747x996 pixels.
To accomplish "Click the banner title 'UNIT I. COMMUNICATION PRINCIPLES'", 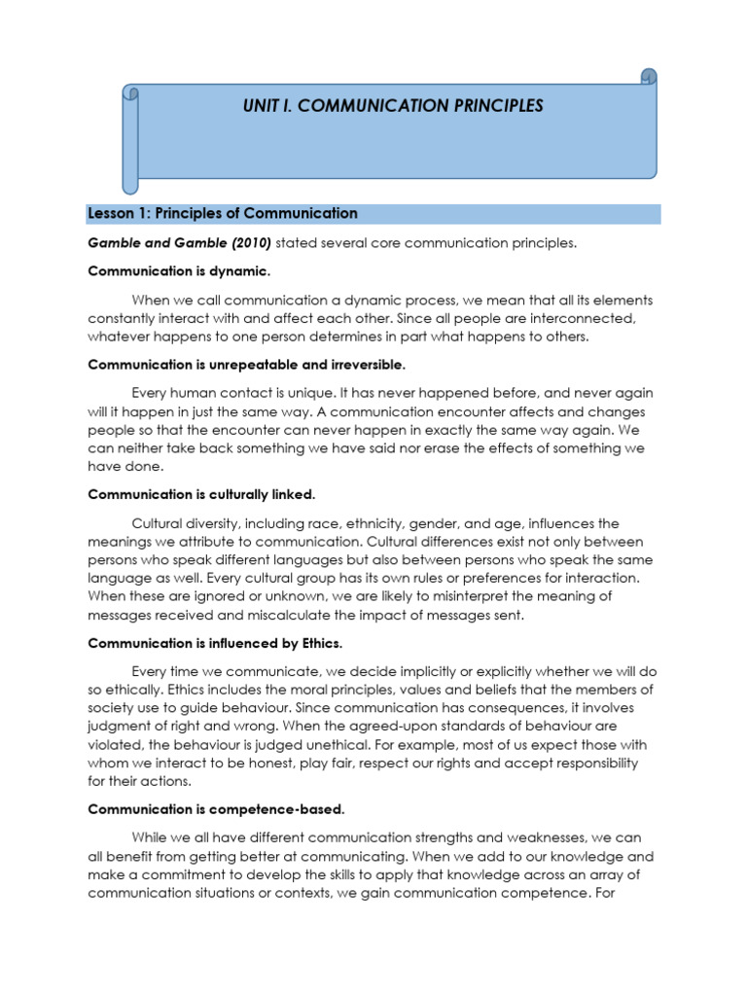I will pos(393,105).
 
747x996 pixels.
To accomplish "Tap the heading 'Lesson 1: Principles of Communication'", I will pos(223,213).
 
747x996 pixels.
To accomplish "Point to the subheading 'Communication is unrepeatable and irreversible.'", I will pos(246,365).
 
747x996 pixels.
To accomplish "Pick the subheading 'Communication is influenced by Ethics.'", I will pos(215,643).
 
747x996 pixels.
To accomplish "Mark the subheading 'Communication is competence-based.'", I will pos(216,809).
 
